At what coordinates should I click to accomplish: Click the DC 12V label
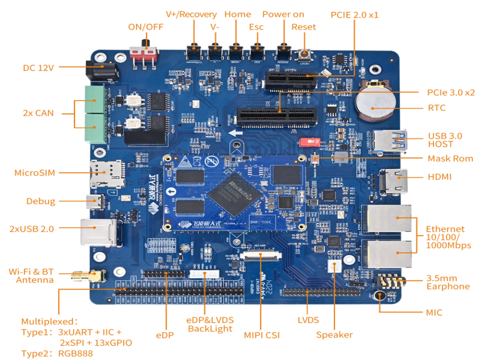pyautogui.click(x=38, y=67)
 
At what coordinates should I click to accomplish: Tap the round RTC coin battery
pyautogui.click(x=374, y=104)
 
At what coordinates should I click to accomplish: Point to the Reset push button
pyautogui.click(x=304, y=54)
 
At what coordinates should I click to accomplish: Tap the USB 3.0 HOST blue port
pyautogui.click(x=390, y=141)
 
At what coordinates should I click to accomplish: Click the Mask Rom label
pyautogui.click(x=450, y=158)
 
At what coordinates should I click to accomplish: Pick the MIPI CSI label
pyautogui.click(x=261, y=335)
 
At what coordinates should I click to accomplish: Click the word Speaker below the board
pyautogui.click(x=334, y=335)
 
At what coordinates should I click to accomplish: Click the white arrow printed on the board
pyautogui.click(x=236, y=133)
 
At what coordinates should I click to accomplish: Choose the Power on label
pyautogui.click(x=283, y=14)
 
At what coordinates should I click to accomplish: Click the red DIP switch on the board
pyautogui.click(x=311, y=141)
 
